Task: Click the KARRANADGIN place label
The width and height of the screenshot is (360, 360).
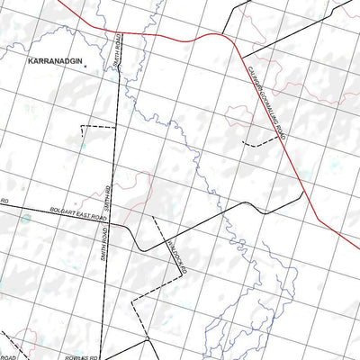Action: pos(53,66)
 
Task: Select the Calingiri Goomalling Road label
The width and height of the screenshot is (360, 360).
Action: pos(266,106)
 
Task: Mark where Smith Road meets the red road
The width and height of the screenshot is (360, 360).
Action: pos(121,32)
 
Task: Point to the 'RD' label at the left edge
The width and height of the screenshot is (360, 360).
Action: pos(4,202)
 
